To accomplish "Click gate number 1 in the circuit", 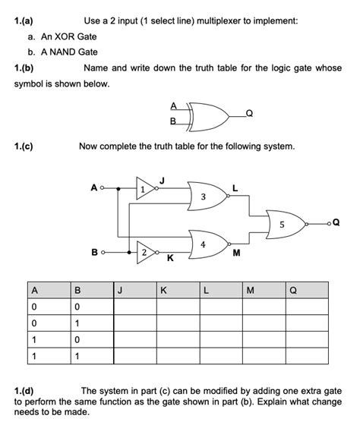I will point(144,189).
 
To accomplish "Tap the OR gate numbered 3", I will point(204,197).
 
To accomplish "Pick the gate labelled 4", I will point(204,244).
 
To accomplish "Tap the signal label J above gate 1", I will point(162,179).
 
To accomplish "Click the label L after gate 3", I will point(235,187).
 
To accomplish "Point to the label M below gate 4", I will point(235,253).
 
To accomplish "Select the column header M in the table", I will point(250,289).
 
